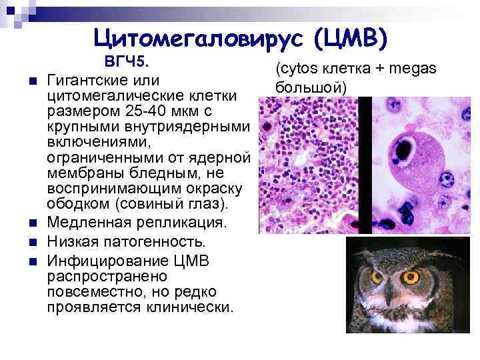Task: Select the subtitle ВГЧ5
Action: (x=126, y=62)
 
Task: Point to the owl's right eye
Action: (x=411, y=276)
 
